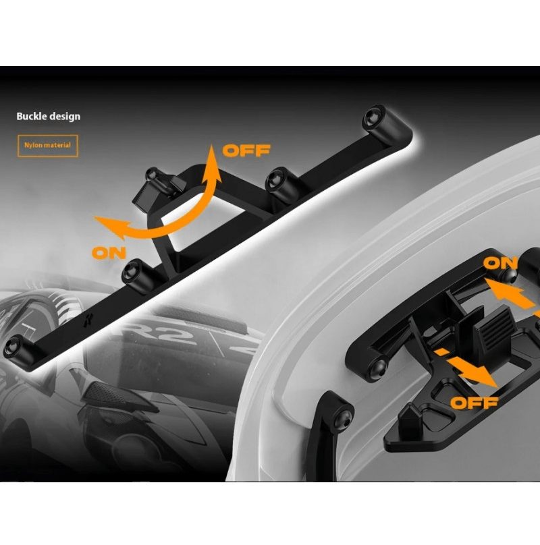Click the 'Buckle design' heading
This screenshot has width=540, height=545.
(49, 117)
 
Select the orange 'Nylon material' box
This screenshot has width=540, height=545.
(48, 146)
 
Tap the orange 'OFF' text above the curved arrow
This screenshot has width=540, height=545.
(246, 150)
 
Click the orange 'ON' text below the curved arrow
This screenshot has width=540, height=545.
(109, 253)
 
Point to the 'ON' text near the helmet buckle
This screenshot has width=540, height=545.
(500, 263)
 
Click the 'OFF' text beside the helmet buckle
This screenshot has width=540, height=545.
(475, 403)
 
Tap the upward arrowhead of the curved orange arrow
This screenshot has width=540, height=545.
(211, 163)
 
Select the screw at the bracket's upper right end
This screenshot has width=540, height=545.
(372, 119)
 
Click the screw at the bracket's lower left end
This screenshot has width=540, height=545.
(13, 346)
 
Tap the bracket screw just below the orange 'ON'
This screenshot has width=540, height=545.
(131, 270)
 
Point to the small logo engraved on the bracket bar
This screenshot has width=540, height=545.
(86, 321)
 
